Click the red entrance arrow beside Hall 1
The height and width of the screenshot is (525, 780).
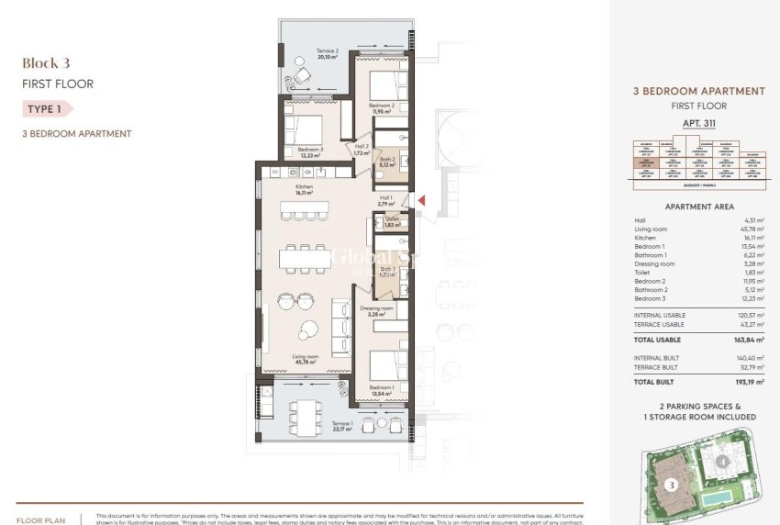(421, 200)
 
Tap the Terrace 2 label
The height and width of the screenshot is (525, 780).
(302, 52)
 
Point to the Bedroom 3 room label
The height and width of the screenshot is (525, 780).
(310, 151)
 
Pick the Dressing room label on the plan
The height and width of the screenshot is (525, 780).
(376, 310)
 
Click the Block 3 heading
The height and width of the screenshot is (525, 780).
(47, 63)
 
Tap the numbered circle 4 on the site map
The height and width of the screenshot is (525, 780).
(724, 462)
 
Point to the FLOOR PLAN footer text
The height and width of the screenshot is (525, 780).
(39, 519)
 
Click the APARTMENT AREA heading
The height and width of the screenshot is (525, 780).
(698, 207)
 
